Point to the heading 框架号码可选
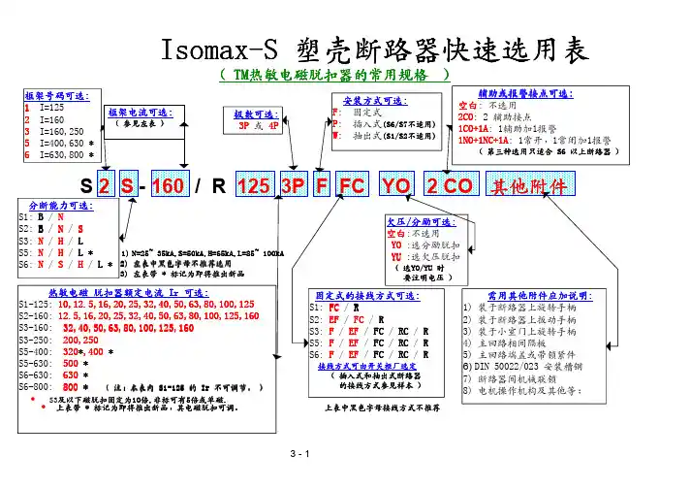(x=53, y=95)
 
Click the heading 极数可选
(x=254, y=114)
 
